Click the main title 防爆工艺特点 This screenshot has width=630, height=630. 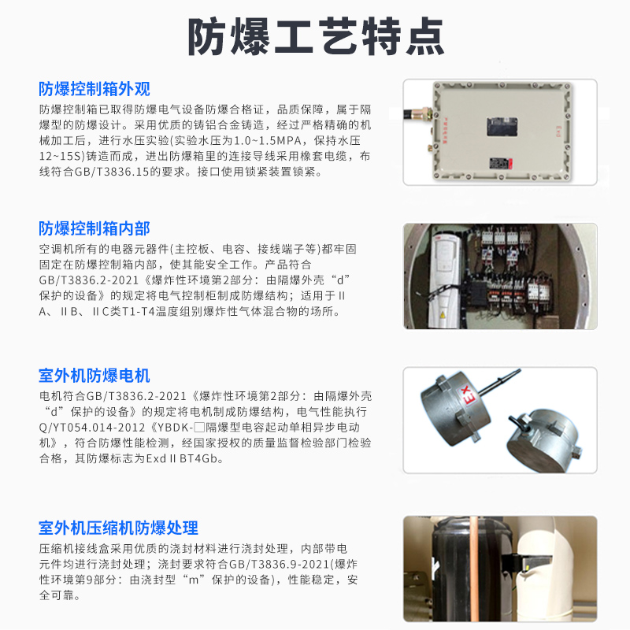pos(315,35)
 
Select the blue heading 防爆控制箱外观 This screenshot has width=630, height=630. pos(94,88)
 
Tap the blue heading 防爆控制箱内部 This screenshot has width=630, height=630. pos(94,228)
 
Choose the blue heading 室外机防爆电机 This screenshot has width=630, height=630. pos(94,375)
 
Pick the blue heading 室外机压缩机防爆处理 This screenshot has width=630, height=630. pos(118,527)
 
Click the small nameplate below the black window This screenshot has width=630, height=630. pos(498,163)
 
